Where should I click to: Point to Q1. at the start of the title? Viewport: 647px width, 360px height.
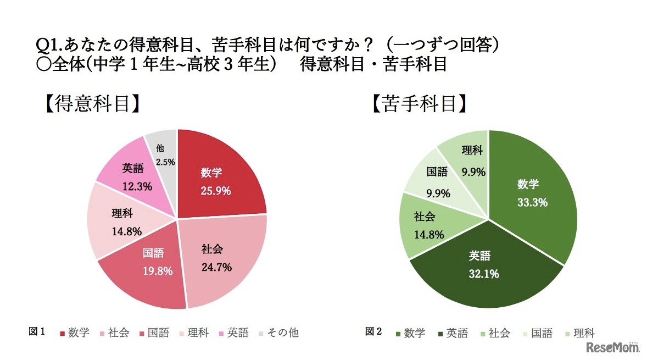[47, 45]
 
